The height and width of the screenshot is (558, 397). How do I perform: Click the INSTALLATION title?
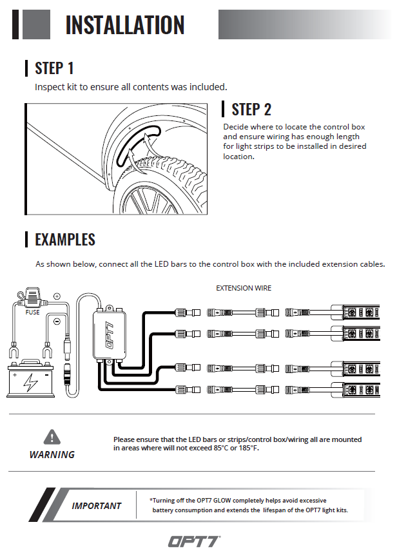(x=125, y=25)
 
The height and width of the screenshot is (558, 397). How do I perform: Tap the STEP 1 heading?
(x=54, y=68)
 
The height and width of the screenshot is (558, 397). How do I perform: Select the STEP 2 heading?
(x=251, y=109)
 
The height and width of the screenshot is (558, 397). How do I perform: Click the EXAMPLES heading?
(x=65, y=240)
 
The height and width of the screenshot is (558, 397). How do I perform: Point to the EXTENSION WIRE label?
(x=244, y=288)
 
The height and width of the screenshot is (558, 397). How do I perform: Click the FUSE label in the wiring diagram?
(x=32, y=313)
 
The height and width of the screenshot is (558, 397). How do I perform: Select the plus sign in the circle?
(x=57, y=296)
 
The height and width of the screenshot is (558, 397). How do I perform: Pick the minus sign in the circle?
(x=57, y=320)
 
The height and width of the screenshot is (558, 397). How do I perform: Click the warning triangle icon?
(x=52, y=437)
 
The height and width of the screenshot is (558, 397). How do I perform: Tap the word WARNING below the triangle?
(x=52, y=454)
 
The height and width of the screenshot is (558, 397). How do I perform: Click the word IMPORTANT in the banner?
(x=96, y=506)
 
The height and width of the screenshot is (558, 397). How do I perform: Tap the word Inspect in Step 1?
(x=49, y=86)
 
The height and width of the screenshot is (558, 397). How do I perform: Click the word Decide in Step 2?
(x=237, y=127)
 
